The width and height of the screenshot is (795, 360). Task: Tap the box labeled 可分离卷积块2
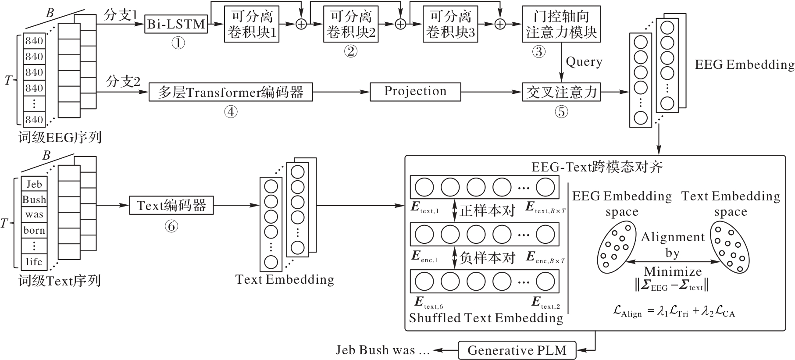coord(351,24)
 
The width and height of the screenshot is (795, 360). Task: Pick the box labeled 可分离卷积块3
coord(451,24)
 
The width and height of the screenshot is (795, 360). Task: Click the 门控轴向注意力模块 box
coord(561,24)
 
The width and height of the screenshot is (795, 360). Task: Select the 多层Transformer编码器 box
coord(231,92)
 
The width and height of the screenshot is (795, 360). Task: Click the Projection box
coord(415,92)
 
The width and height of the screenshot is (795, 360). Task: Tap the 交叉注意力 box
coord(561,92)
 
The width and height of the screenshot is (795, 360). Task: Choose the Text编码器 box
coord(171,205)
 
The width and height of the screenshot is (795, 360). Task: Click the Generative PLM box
coord(517,350)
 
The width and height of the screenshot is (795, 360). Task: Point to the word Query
coord(584,62)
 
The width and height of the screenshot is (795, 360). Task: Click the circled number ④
coord(231,112)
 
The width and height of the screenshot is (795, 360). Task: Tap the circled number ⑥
coord(171,226)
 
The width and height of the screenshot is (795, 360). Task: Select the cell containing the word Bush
coord(34,200)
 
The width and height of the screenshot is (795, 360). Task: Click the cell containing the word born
coord(34,230)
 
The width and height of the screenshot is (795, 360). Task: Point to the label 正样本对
coord(487,210)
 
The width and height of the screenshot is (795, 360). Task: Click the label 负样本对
coord(487,257)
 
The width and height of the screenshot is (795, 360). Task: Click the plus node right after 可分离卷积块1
coord(301,24)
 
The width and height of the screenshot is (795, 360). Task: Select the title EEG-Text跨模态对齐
coord(597,167)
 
